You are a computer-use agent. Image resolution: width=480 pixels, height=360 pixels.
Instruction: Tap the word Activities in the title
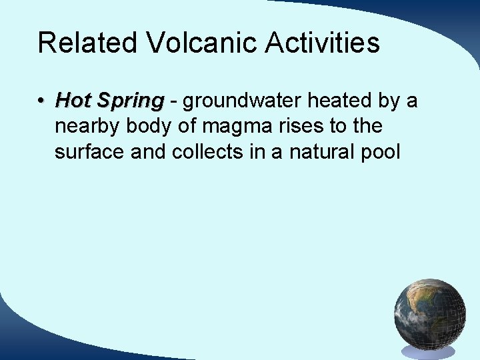tap(323, 43)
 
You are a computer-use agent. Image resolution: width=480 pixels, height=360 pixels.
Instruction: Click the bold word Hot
tap(73, 101)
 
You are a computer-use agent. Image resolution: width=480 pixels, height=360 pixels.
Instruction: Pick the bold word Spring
tap(130, 101)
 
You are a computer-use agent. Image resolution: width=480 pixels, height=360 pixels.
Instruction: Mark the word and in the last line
tap(149, 151)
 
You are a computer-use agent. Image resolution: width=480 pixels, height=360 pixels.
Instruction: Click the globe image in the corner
tap(429, 315)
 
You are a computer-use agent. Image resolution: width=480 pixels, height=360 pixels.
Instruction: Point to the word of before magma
tap(190, 126)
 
